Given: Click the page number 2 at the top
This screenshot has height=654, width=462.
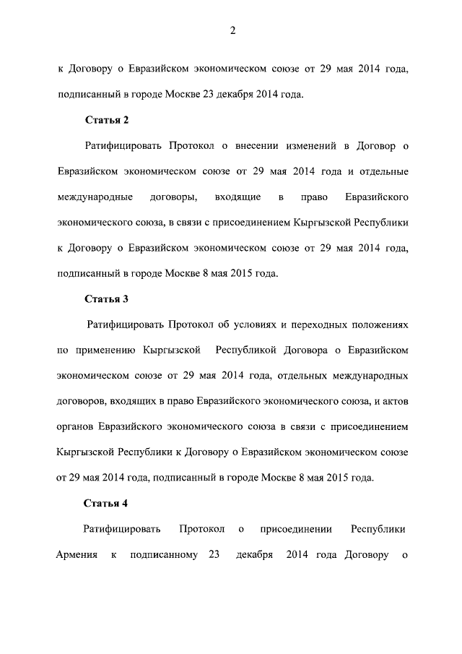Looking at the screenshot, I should (232, 30).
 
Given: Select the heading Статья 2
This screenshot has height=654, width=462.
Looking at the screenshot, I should (106, 120).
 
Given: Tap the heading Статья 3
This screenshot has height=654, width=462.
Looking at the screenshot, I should (106, 298).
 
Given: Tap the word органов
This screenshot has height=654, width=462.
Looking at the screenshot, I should (74, 426).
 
